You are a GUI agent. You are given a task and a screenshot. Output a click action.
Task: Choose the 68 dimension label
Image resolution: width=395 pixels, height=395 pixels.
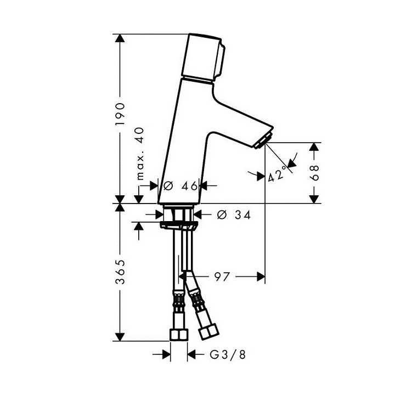(314, 174)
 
